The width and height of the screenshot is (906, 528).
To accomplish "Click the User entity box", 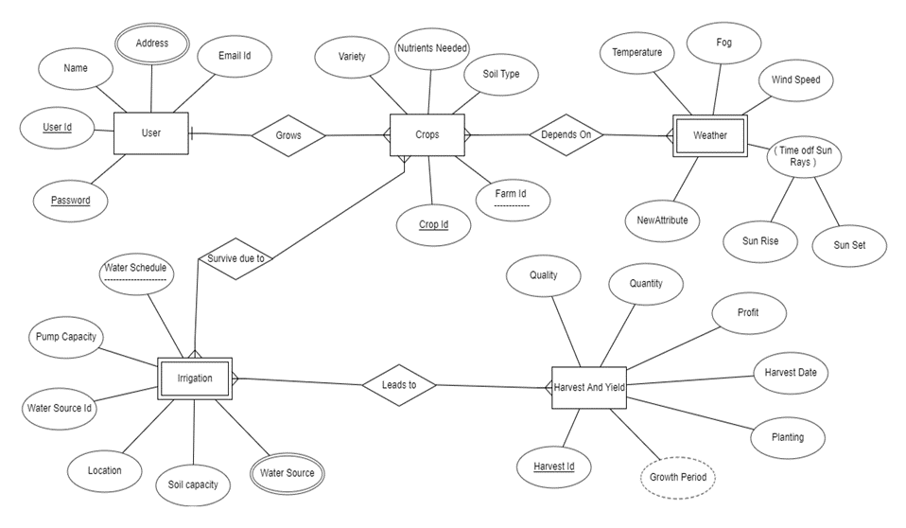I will pyautogui.click(x=151, y=133).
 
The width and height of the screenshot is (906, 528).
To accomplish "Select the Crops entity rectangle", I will pyautogui.click(x=427, y=134).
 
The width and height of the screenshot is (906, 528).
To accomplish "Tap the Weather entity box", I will pyautogui.click(x=709, y=135).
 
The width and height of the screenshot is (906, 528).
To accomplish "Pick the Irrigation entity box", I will pyautogui.click(x=194, y=378).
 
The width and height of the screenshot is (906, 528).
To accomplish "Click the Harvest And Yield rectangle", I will pyautogui.click(x=588, y=386).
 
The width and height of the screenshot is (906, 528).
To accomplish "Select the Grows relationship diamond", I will pyautogui.click(x=288, y=135).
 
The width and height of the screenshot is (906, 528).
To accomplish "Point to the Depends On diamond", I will pyautogui.click(x=566, y=134).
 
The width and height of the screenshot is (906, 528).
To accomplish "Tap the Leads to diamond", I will pyautogui.click(x=399, y=385).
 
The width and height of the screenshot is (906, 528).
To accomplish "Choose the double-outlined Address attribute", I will pyautogui.click(x=152, y=44).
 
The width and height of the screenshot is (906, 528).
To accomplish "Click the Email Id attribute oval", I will pyautogui.click(x=235, y=56).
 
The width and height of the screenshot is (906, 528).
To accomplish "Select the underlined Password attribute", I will pyautogui.click(x=71, y=201).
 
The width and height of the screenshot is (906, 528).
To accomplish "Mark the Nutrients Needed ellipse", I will pyautogui.click(x=431, y=49).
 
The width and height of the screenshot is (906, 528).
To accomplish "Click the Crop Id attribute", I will pyautogui.click(x=433, y=225).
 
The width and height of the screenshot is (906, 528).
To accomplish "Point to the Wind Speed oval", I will pyautogui.click(x=795, y=80).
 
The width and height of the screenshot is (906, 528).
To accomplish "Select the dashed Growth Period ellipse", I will pyautogui.click(x=678, y=477).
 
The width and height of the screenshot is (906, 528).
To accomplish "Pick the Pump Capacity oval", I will pyautogui.click(x=65, y=337).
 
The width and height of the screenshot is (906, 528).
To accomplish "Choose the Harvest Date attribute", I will pyautogui.click(x=791, y=373).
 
